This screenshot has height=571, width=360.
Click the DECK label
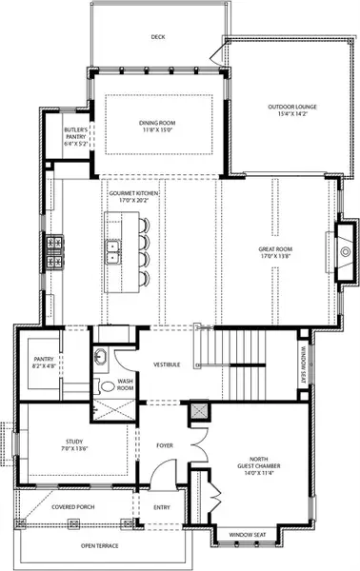(x=158, y=38)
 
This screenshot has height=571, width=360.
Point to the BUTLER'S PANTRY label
(x=76, y=133)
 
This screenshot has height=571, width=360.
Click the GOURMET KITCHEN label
(x=133, y=196)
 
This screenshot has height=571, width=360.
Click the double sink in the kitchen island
(x=114, y=250)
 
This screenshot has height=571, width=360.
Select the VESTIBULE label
(x=168, y=364)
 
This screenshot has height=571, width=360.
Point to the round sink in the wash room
(x=101, y=358)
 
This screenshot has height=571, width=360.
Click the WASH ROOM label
(x=126, y=386)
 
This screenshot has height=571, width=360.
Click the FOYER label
(x=165, y=443)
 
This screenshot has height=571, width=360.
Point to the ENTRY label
(x=161, y=507)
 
